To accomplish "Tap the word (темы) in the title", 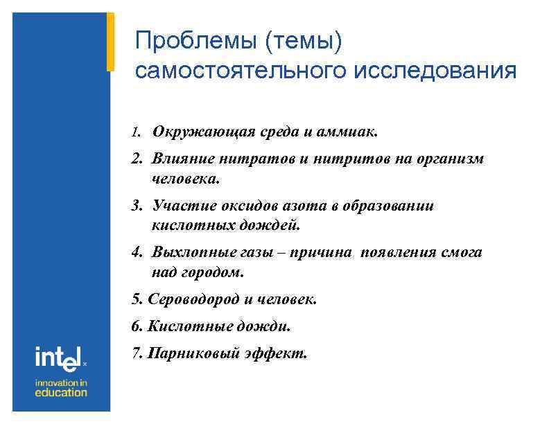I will (x=302, y=42).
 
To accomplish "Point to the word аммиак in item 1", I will (x=349, y=132).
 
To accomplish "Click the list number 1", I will (x=136, y=132).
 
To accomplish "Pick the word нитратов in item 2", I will (x=257, y=159).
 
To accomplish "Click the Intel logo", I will (x=60, y=357).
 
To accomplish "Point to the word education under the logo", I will (x=61, y=392).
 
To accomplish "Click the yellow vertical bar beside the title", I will (x=110, y=42).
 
